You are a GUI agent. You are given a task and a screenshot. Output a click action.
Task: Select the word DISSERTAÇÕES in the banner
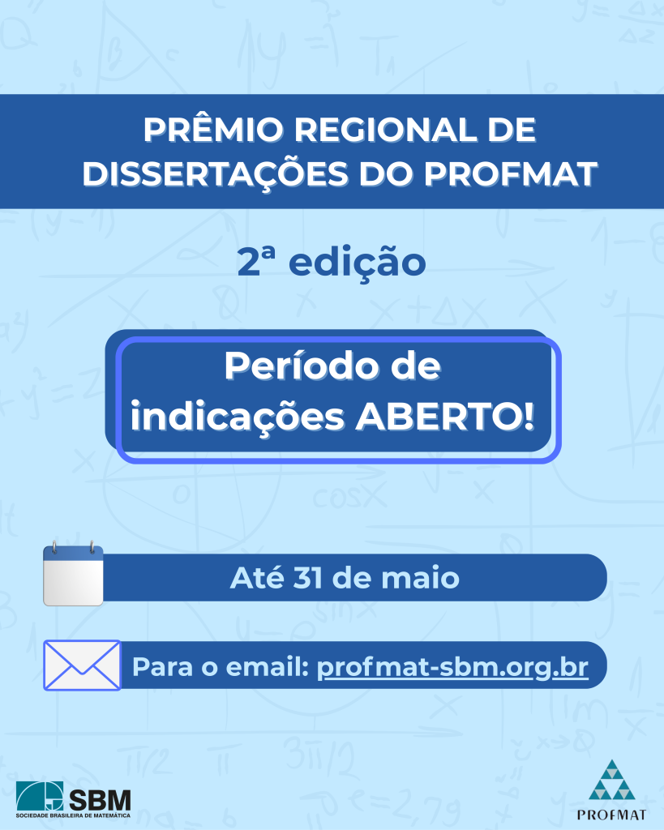pos(216,174)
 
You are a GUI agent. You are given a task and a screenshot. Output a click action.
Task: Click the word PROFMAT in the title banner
pos(511,173)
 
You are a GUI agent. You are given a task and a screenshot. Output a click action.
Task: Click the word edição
pos(358,263)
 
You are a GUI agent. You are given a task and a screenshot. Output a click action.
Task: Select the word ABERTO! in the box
pos(445,417)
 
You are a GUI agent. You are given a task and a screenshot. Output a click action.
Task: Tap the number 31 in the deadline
pos(307,577)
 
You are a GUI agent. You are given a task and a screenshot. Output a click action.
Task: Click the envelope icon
pos(82,665)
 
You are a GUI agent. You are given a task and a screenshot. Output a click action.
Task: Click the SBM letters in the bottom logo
pos(100,799)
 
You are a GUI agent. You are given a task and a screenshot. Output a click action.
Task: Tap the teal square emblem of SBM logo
pos(39,796)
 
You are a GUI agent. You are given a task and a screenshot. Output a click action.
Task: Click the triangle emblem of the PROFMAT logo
pos(612,780)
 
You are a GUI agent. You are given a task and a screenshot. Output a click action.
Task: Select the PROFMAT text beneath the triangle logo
pos(611,815)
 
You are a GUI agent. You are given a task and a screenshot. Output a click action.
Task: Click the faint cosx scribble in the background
pos(349,497)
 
